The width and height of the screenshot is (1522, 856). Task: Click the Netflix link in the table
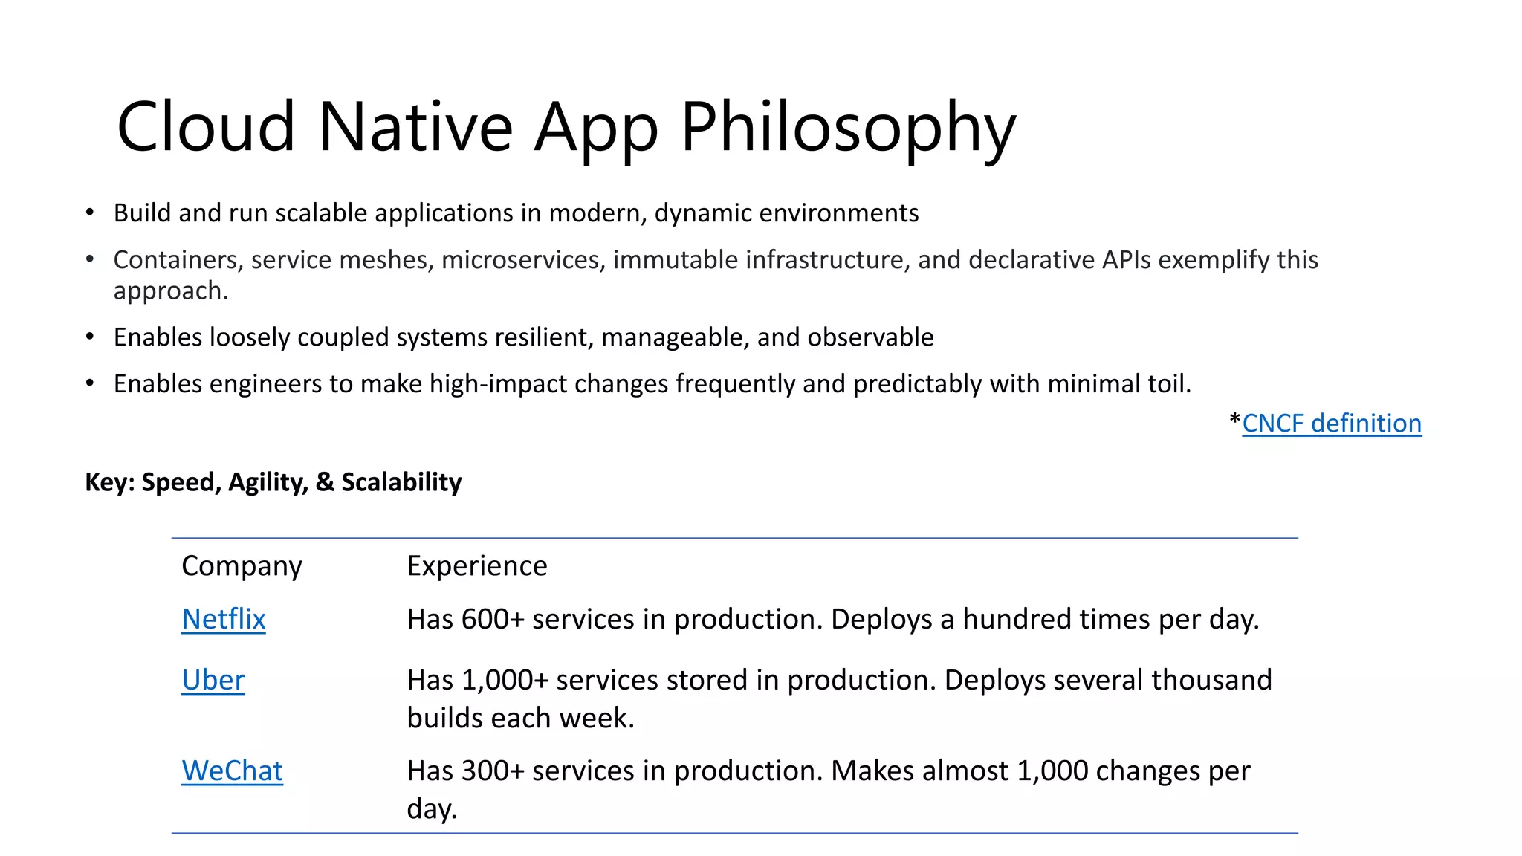(223, 619)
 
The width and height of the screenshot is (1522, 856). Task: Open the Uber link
(213, 680)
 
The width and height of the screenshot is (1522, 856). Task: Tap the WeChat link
(232, 771)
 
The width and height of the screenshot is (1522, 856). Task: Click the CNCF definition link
(1331, 423)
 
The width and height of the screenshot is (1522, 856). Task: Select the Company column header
(242, 566)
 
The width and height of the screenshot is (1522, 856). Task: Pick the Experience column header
(476, 566)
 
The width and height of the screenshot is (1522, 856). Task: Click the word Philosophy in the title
(847, 128)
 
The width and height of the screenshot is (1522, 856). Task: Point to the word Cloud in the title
(206, 128)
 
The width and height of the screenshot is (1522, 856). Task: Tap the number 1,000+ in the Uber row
(505, 680)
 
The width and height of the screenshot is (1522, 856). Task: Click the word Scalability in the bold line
(401, 482)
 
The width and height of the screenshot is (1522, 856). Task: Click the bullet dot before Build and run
(90, 213)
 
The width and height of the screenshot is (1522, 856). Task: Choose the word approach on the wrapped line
(169, 291)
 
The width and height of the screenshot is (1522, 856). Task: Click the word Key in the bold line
(108, 482)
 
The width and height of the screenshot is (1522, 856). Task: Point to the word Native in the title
(415, 128)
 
